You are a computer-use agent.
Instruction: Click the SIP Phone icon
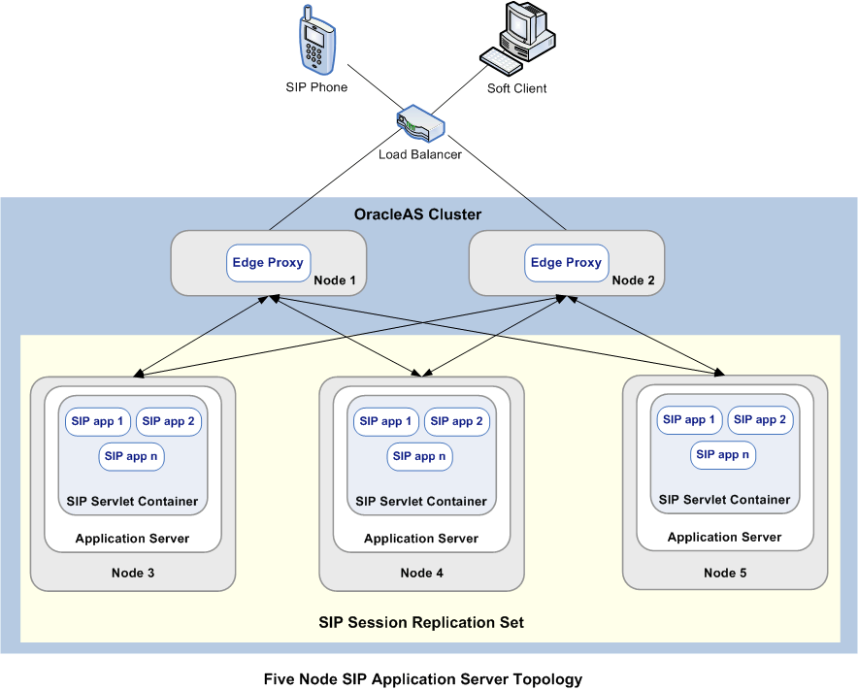coord(315,42)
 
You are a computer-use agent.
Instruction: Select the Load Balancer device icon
coord(420,125)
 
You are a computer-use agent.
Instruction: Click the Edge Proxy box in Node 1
coord(268,263)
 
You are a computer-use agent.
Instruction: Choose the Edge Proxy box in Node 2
coord(566,263)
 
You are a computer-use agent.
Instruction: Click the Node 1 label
coord(335,281)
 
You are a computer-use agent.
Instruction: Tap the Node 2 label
coord(633,281)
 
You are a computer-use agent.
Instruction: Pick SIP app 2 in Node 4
coord(456,421)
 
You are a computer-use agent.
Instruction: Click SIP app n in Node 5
coord(723,454)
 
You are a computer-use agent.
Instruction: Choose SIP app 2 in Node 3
coord(168,421)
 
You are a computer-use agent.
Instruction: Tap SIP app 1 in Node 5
coord(689,420)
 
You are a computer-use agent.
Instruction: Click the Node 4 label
coord(421,574)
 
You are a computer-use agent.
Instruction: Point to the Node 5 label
coord(725,574)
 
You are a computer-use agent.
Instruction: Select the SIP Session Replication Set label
coord(421,622)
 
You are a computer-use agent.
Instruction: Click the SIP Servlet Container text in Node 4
coord(421,502)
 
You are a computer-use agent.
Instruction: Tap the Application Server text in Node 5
coord(724,537)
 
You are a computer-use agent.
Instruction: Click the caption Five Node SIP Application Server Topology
coord(423,679)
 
